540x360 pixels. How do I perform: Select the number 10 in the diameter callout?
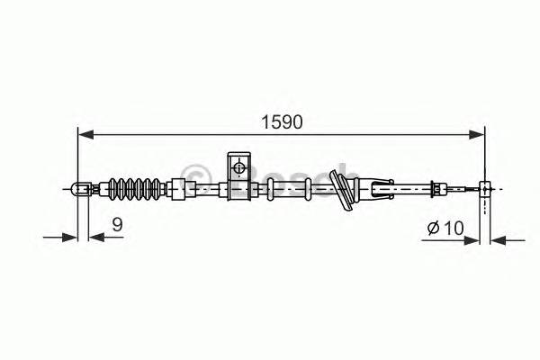coord(453,229)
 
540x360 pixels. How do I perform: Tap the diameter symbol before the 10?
coord(432,229)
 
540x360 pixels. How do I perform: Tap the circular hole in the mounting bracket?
coord(238,166)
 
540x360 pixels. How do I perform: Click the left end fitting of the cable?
coord(80,189)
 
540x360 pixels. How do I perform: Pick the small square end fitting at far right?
coord(486,188)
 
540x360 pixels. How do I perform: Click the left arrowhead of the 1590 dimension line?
coord(85,135)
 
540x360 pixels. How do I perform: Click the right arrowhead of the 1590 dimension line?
coord(480,135)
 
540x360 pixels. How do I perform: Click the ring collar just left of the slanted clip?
coord(309,189)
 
